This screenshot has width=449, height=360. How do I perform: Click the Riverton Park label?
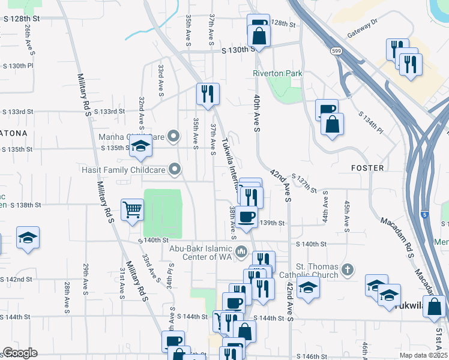tap(277, 73)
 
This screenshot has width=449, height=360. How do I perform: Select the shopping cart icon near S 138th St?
tap(132, 210)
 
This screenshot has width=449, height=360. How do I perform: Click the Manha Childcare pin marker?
tap(174, 136)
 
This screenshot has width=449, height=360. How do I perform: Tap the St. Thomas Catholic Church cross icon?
tap(348, 270)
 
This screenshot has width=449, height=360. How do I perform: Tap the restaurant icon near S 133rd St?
tap(208, 94)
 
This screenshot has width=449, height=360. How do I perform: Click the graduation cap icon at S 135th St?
tap(140, 146)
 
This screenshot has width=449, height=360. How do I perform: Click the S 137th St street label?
tap(304, 182)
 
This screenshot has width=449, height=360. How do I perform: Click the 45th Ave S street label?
tap(347, 216)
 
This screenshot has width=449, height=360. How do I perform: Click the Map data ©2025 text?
tap(424, 355)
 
